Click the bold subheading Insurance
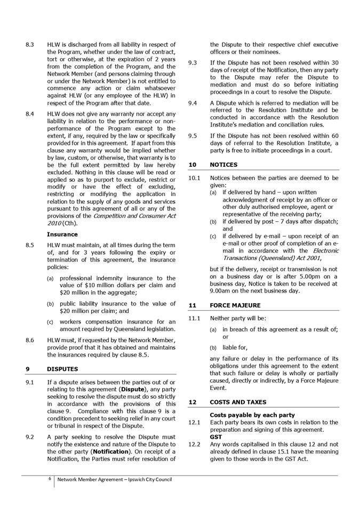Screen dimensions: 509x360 point(62,234)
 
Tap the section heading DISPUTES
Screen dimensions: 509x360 point(62,369)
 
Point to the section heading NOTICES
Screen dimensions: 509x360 point(223,165)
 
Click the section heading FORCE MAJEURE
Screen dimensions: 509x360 point(235,305)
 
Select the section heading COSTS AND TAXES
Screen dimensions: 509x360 point(237,402)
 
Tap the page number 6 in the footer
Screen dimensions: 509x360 point(50,479)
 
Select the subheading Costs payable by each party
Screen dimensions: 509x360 point(252,415)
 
